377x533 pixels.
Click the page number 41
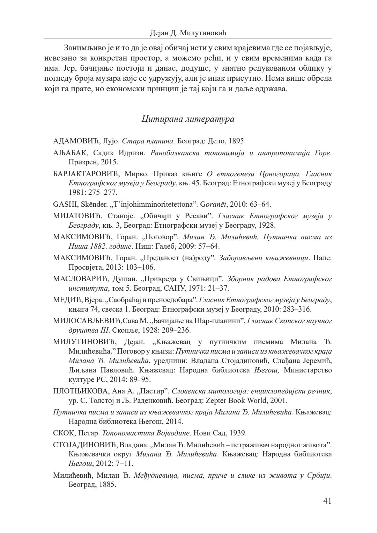point(327,501)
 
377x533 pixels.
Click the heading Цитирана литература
point(188,119)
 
